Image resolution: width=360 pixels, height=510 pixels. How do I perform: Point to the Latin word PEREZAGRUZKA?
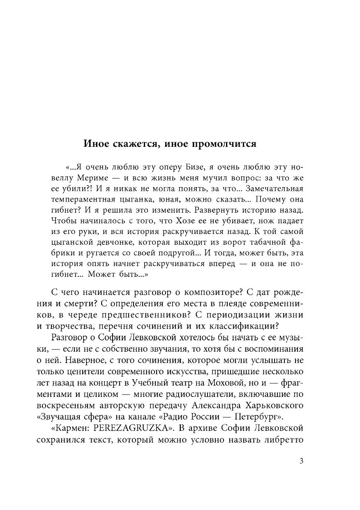pos(132,428)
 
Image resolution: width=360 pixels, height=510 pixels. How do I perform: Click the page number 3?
pos(301,461)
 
